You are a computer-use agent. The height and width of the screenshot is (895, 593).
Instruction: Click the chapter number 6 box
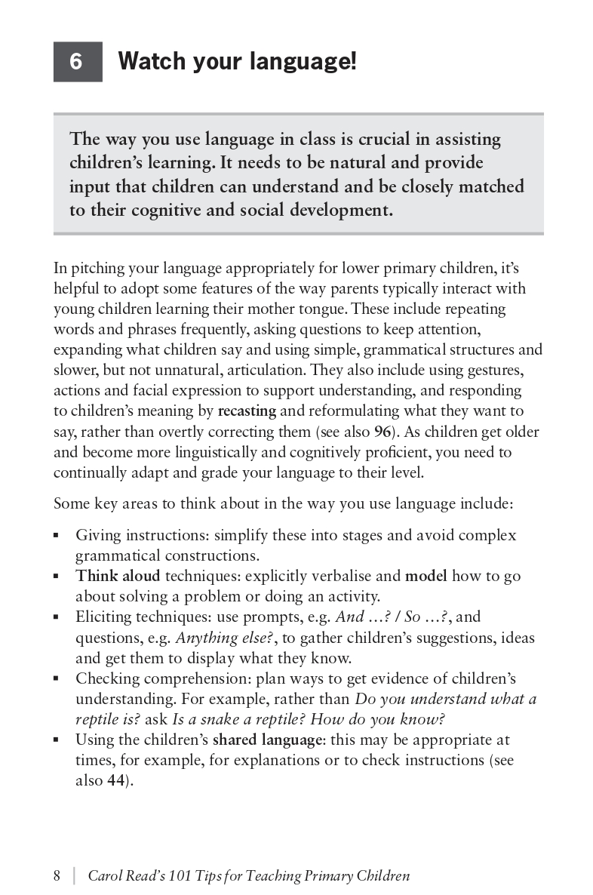click(x=77, y=61)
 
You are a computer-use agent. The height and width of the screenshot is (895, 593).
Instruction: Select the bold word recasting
click(x=247, y=411)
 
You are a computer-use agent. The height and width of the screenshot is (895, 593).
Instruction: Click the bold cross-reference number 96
click(x=382, y=432)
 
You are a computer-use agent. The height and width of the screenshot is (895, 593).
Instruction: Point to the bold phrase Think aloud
click(x=118, y=577)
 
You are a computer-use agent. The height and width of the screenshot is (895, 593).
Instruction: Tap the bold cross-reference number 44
click(x=115, y=781)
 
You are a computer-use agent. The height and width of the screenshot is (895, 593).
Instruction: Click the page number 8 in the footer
click(x=57, y=876)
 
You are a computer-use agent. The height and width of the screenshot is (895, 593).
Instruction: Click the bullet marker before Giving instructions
click(x=57, y=536)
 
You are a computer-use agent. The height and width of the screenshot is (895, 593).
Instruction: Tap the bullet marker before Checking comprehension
click(x=57, y=678)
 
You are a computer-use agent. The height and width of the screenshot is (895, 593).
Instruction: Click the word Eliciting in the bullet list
click(x=103, y=617)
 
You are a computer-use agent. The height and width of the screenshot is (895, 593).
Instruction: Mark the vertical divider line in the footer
click(x=73, y=876)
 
